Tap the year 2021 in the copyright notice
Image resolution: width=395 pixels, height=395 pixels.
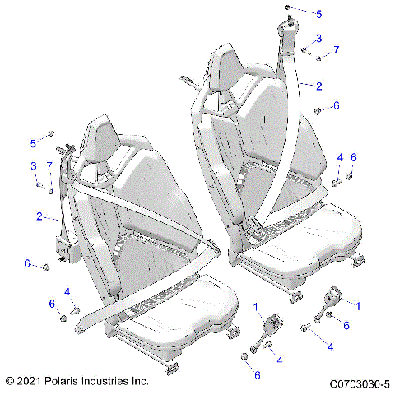pos(30,383)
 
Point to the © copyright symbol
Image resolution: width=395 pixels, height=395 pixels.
pos(10,383)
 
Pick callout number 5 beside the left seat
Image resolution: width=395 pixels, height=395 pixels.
pos(34,143)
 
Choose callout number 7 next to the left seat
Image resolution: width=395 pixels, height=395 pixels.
pos(49,167)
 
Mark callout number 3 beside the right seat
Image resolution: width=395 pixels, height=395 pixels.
pos(319,38)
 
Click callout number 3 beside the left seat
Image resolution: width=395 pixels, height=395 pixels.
pos(34,167)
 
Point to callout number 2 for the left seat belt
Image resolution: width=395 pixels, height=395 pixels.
pos(38,216)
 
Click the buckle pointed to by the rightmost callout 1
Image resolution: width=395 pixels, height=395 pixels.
pos(336,296)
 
